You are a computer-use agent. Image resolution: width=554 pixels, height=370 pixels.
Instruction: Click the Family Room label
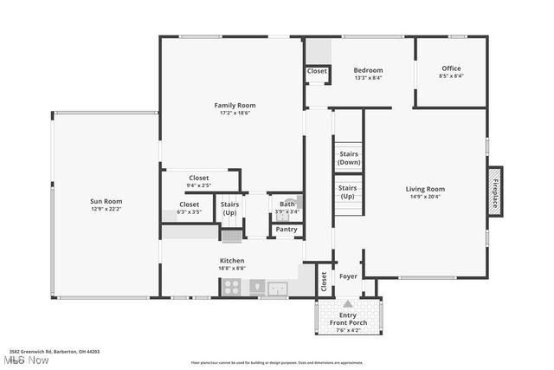tap(235, 105)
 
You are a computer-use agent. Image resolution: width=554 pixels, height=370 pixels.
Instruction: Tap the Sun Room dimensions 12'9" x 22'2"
tap(106, 209)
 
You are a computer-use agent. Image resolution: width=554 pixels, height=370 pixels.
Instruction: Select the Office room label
tap(451, 68)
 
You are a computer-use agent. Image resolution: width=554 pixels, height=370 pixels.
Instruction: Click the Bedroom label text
tap(368, 70)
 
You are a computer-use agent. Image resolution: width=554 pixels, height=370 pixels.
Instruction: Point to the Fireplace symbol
tap(495, 190)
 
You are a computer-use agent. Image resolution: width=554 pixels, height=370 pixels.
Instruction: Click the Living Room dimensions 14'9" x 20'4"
tap(425, 196)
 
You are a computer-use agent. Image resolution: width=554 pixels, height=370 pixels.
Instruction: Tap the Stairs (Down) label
tap(349, 158)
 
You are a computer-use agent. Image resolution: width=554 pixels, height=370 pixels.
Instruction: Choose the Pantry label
tap(287, 230)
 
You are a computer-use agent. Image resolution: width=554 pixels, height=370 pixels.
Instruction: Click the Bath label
tap(287, 204)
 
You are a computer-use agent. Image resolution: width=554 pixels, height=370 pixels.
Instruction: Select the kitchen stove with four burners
tap(231, 289)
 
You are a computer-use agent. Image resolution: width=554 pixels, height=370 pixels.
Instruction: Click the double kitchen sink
tap(279, 289)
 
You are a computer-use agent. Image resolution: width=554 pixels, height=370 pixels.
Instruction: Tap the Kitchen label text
tap(231, 260)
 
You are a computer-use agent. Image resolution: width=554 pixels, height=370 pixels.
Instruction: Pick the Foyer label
tap(348, 276)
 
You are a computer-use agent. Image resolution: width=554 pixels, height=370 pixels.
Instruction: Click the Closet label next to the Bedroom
tap(317, 71)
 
